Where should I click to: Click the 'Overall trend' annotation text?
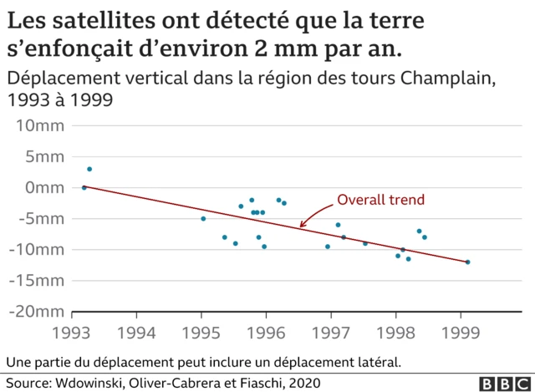tap(380, 200)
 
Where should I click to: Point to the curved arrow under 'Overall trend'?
tap(313, 216)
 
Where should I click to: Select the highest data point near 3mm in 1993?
tap(89, 169)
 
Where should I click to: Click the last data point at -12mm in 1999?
tap(467, 262)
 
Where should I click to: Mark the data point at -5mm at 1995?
tap(203, 218)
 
